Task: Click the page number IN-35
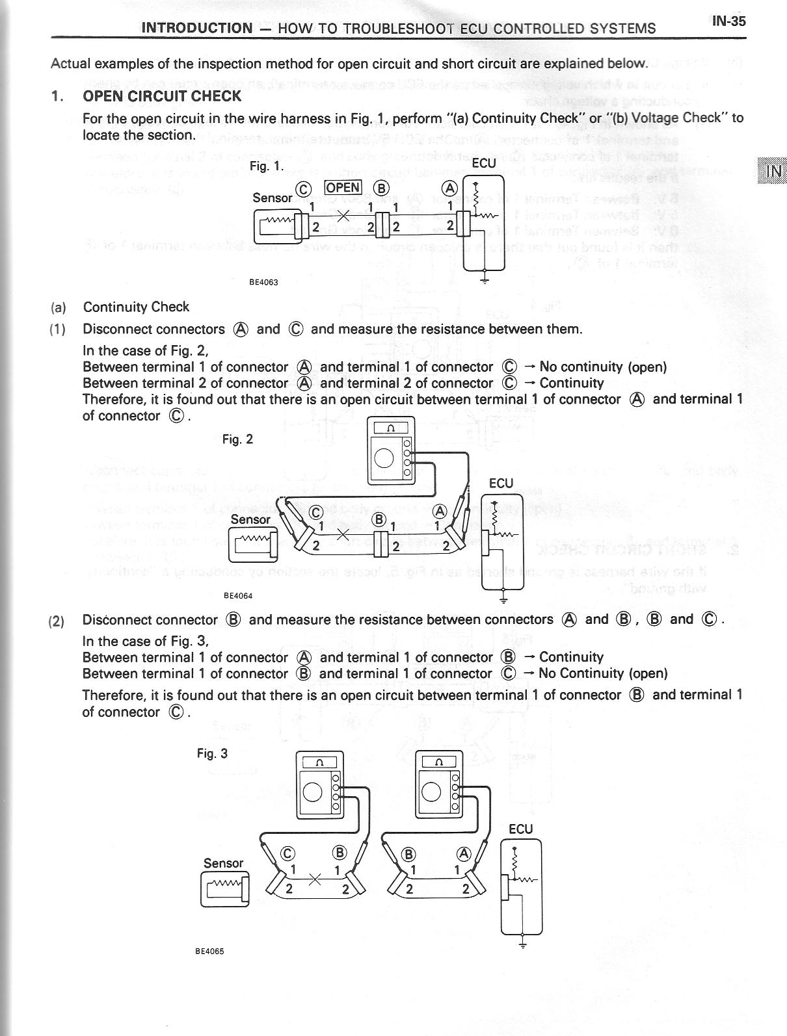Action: point(728,21)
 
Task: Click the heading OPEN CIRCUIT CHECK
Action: point(162,96)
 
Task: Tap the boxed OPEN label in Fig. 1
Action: point(343,187)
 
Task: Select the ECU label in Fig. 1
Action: point(483,163)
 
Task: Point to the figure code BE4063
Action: point(263,283)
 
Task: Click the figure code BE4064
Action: point(238,595)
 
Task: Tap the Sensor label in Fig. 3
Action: point(223,863)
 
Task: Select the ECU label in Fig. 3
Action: point(521,829)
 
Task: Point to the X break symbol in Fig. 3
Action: point(315,879)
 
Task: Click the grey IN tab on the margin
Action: point(772,171)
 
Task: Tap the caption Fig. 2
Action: point(237,439)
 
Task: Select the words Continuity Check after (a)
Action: point(136,307)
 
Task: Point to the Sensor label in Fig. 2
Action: point(250,519)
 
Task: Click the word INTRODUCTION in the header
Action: point(196,28)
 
